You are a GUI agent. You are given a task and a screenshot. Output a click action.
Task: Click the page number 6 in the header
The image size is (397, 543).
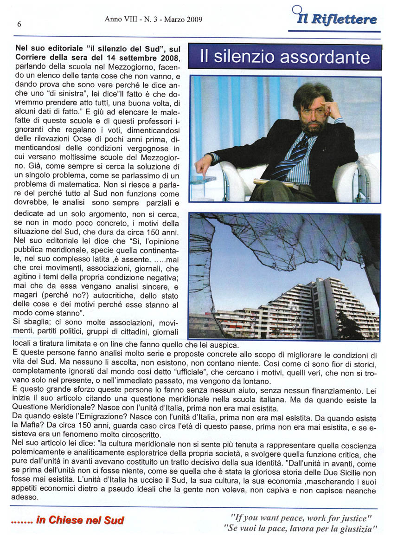click(19, 25)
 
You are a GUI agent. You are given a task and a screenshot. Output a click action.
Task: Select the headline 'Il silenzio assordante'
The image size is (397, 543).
click(285, 57)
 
